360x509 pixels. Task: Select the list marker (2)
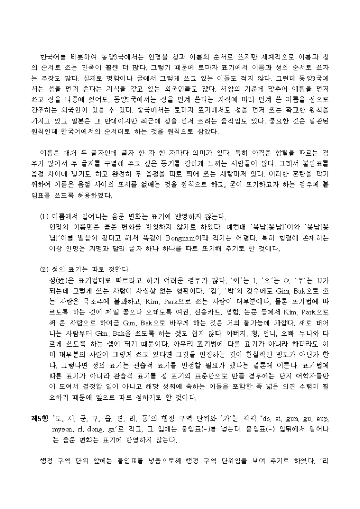tap(45, 269)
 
